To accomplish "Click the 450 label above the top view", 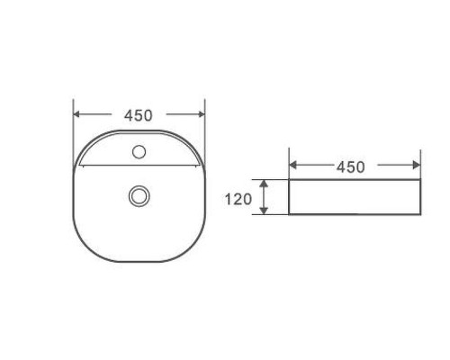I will pos(139,115).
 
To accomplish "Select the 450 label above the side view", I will pos(350,166).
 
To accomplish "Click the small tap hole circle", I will pos(139,152).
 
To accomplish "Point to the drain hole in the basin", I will pos(139,194).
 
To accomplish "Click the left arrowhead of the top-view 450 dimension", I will pos(77,115).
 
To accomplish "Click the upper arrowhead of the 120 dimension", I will pos(264,183).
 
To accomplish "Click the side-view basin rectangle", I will pos(355,197).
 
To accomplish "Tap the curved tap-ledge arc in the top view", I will pos(139,131).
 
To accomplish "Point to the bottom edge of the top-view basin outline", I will pos(139,262).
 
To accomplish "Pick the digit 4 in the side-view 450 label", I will pos(341,166).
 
